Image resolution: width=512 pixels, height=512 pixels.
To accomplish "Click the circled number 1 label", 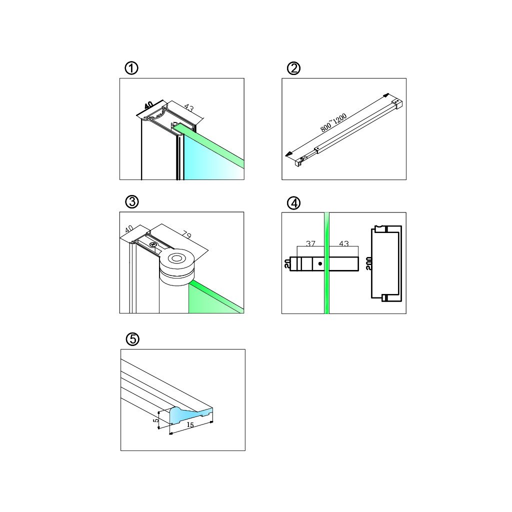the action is [x=131, y=68].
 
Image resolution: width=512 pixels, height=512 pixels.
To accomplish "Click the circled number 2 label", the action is [x=294, y=68].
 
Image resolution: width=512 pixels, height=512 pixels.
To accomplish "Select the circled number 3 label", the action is [x=131, y=202].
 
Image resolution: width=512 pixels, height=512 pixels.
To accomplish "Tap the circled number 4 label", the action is [x=294, y=203].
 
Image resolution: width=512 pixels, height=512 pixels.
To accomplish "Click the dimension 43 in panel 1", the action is [x=189, y=108].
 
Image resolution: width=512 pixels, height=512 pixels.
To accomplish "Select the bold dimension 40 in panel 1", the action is [x=148, y=105].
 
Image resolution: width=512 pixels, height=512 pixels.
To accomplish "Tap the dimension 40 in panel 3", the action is [x=129, y=228].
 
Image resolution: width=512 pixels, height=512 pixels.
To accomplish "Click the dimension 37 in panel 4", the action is [x=310, y=243].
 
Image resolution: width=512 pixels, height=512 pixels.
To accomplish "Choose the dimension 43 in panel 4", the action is [x=343, y=243].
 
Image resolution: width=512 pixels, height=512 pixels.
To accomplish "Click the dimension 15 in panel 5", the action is [x=190, y=425].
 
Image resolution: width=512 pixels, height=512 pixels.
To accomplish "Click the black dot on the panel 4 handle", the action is [x=320, y=263].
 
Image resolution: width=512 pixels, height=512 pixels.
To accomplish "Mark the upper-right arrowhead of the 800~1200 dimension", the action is [x=386, y=95].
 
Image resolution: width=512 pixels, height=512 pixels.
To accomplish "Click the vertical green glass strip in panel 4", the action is [x=327, y=290].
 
